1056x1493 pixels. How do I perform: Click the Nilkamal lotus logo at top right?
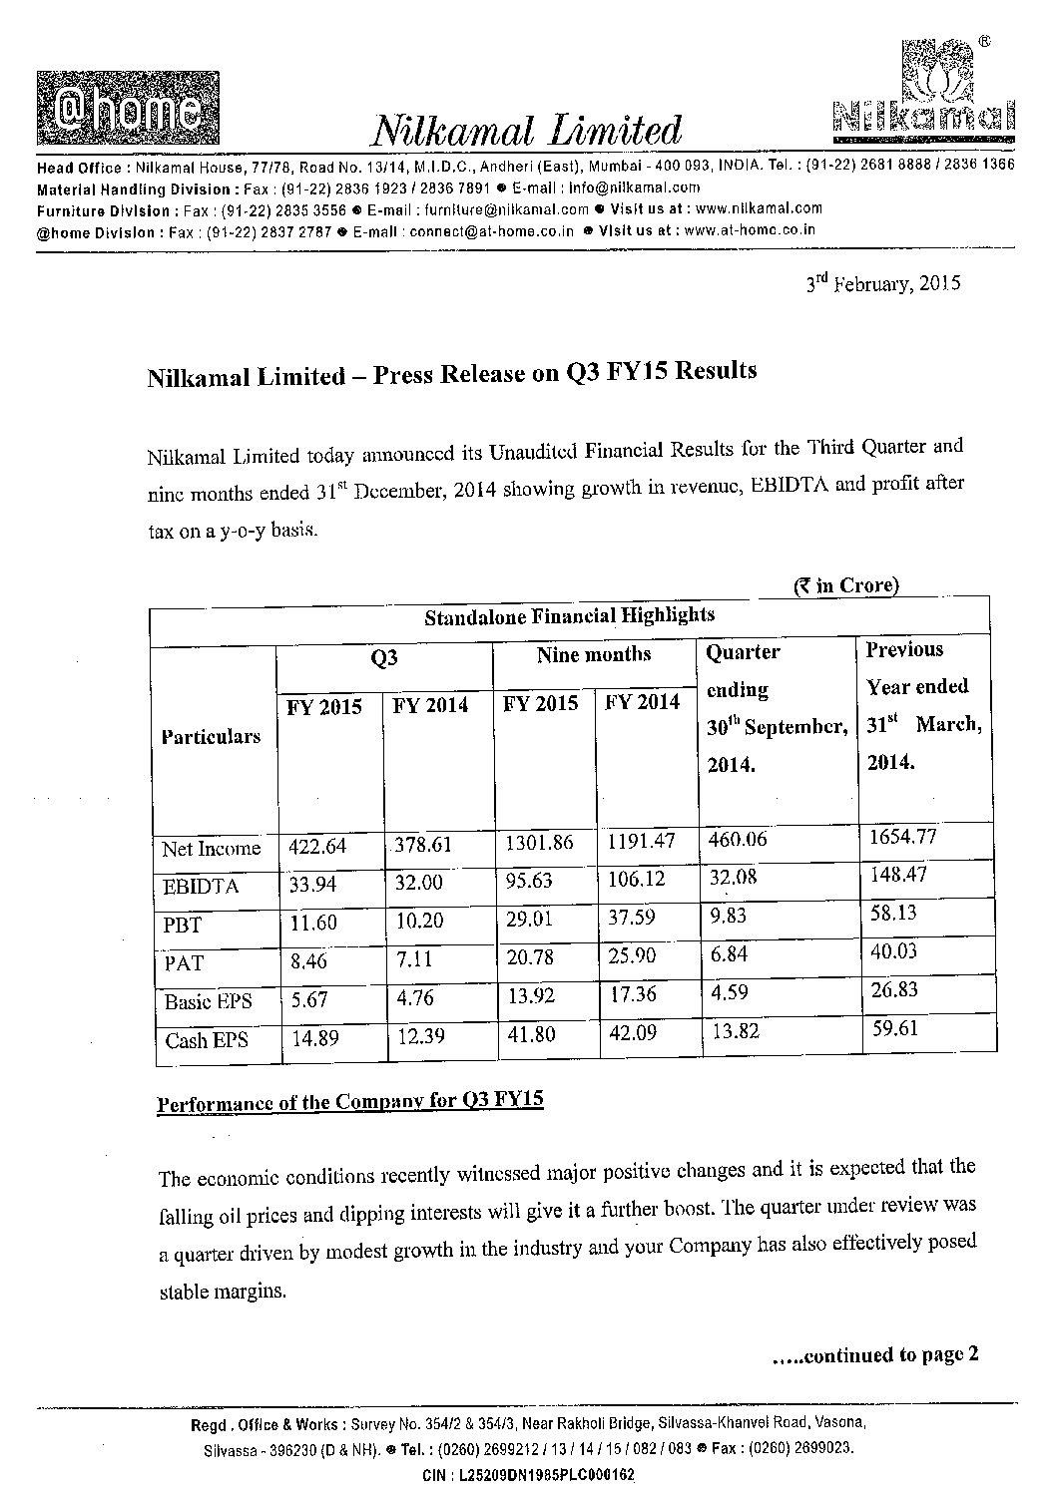[x=922, y=89]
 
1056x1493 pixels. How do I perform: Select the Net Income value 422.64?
[x=317, y=846]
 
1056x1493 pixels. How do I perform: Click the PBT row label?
[x=182, y=925]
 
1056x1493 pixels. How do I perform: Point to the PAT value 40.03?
[x=893, y=950]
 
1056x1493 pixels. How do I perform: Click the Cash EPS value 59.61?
[x=893, y=1028]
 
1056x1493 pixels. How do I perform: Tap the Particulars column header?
[x=211, y=736]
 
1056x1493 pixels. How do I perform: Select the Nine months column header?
[x=593, y=654]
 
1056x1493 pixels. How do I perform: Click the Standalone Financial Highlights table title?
[x=569, y=615]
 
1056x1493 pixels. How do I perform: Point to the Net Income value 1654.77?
[x=903, y=836]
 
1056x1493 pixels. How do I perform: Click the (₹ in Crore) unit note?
[x=846, y=585]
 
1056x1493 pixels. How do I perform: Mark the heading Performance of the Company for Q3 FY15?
[x=350, y=1102]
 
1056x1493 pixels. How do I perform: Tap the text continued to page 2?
[x=875, y=1354]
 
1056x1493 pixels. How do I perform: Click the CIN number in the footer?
[x=528, y=1474]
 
